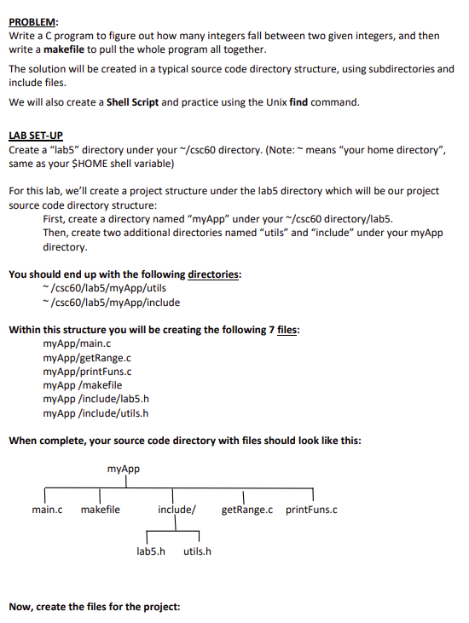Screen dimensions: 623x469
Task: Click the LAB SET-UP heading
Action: coord(34,136)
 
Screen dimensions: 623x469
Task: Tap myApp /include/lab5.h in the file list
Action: coord(96,399)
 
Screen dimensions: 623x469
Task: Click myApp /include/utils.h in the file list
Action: coord(96,413)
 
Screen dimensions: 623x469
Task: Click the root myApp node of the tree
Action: coord(124,469)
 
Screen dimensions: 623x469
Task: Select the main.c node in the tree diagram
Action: coord(47,511)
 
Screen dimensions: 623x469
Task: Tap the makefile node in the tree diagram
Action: coord(101,511)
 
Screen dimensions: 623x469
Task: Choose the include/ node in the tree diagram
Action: coord(177,511)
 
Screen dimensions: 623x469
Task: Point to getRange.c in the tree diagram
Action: coord(247,511)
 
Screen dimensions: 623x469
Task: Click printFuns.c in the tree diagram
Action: coord(312,511)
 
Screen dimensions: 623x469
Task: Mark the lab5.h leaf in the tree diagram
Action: coord(150,551)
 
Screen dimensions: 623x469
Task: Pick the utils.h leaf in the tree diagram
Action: coord(198,551)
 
